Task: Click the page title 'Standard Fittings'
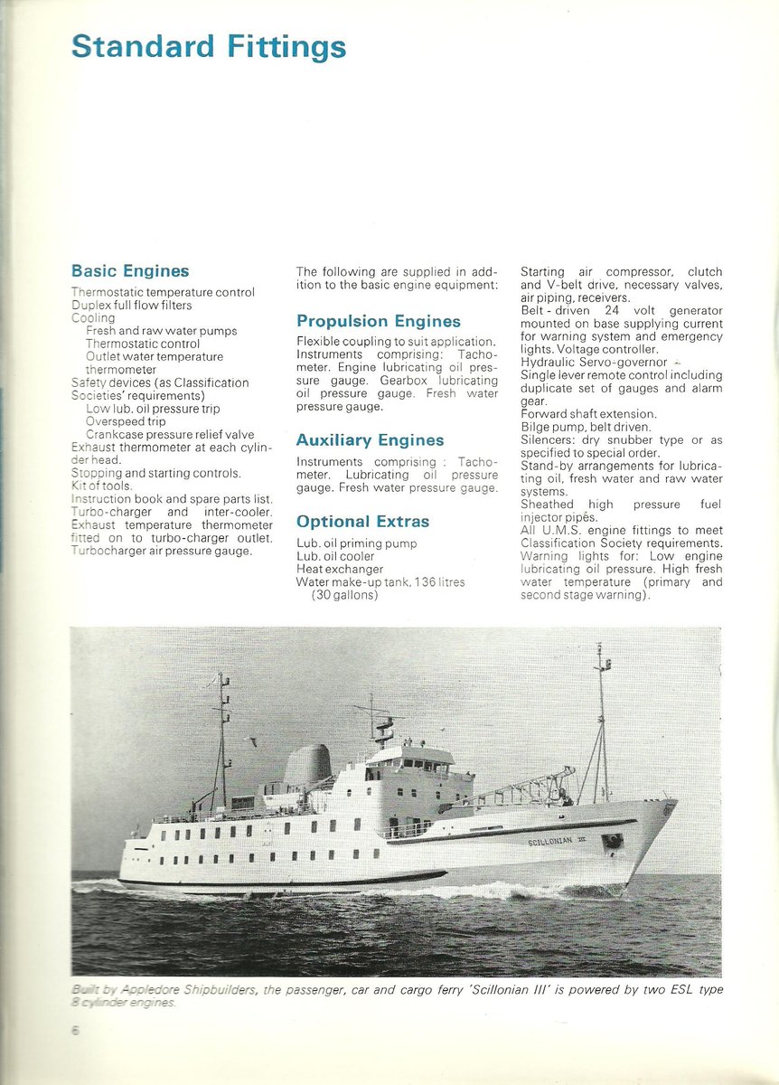point(208,46)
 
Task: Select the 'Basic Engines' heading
point(130,270)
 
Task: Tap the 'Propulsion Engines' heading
point(378,321)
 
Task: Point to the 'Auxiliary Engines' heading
point(370,440)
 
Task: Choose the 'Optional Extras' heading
point(362,522)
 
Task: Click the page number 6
point(76,1029)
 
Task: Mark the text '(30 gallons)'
point(345,595)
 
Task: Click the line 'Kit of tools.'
point(101,486)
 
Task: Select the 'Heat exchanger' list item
point(340,569)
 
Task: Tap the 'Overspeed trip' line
point(126,421)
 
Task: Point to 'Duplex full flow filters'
point(131,305)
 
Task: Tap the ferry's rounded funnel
point(307,767)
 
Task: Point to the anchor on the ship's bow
point(613,841)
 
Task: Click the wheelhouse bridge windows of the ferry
point(420,774)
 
